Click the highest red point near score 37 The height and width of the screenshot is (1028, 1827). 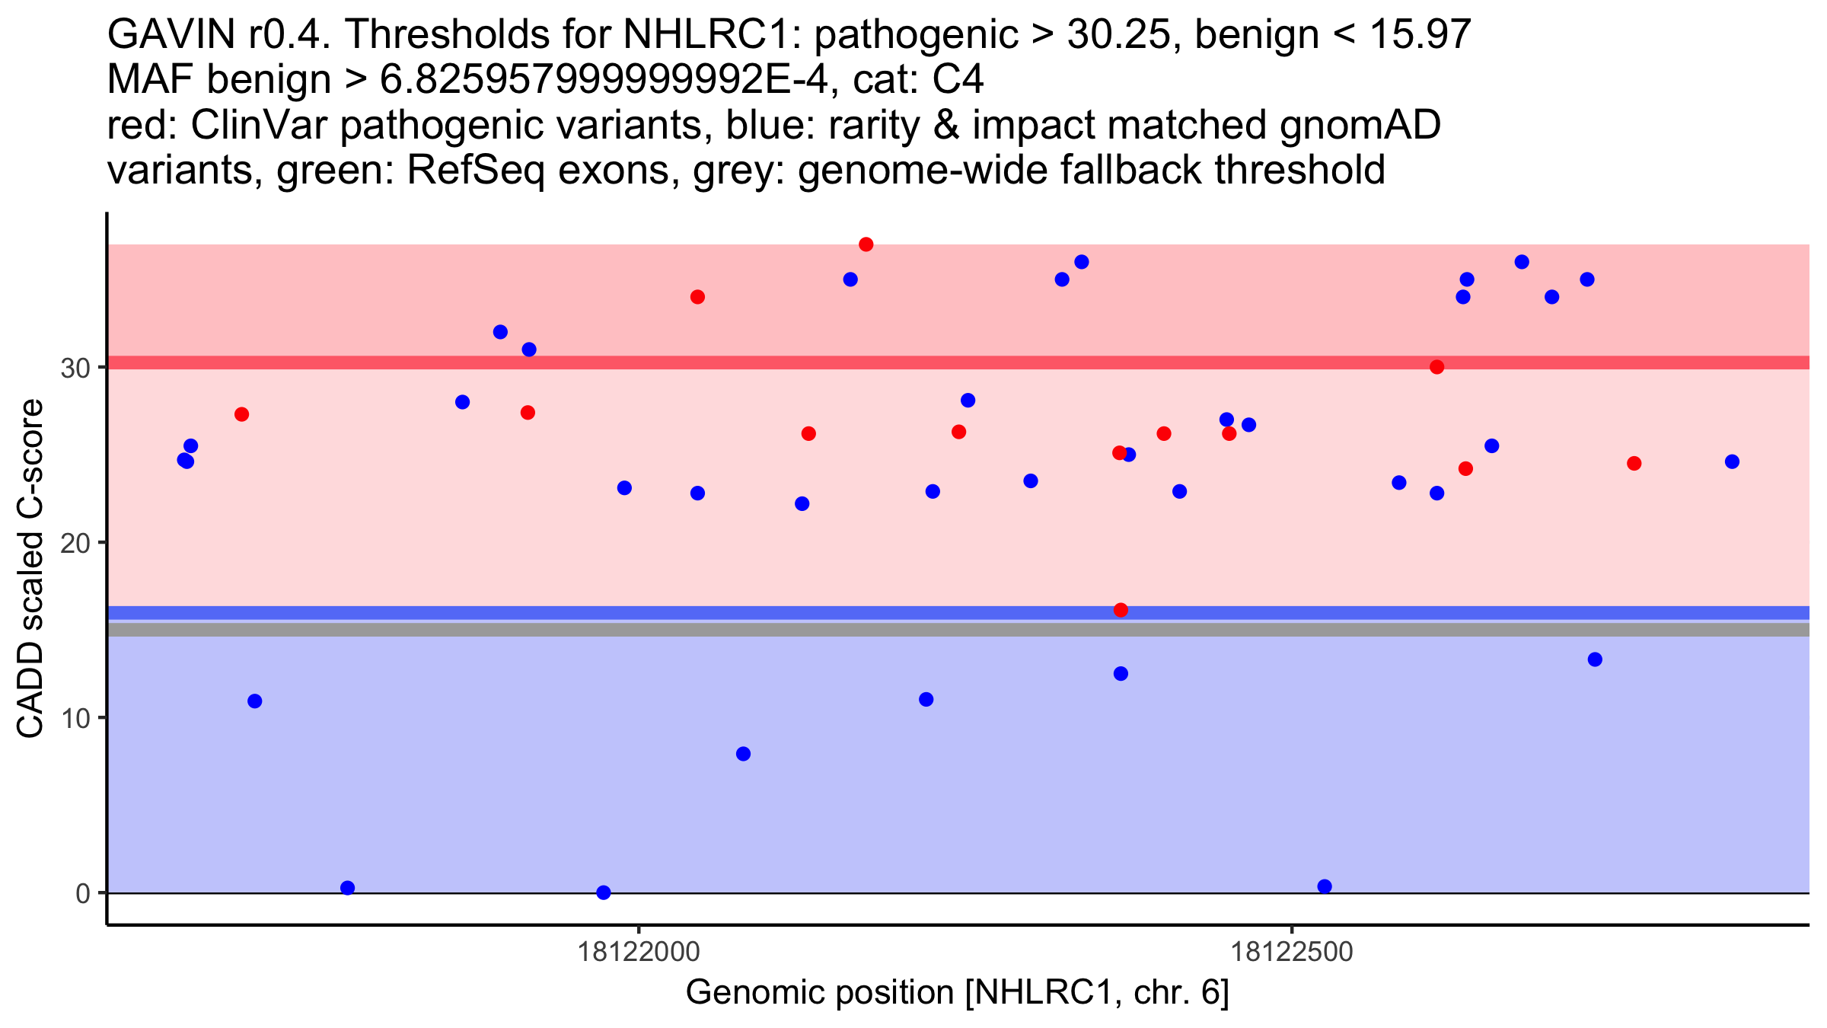click(x=866, y=244)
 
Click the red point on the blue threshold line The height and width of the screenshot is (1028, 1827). click(x=1121, y=610)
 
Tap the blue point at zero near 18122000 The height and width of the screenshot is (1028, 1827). click(x=604, y=892)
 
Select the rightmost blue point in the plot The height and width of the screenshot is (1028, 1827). click(x=1732, y=461)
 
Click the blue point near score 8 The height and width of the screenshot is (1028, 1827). click(x=744, y=754)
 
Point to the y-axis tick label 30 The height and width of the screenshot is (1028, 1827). click(x=75, y=369)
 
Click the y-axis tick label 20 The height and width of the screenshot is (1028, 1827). click(x=75, y=544)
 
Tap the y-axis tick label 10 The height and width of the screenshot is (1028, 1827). click(x=75, y=719)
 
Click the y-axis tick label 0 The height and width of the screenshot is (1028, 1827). click(x=82, y=894)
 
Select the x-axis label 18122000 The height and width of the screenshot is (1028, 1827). click(x=638, y=953)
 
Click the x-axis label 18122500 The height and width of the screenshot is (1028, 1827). click(x=1291, y=953)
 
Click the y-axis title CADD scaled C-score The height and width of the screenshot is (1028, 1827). click(x=30, y=569)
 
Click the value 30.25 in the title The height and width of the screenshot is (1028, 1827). click(x=1118, y=35)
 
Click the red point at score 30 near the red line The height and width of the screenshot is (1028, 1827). click(x=1436, y=367)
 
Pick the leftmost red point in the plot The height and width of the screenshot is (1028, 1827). click(x=241, y=414)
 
